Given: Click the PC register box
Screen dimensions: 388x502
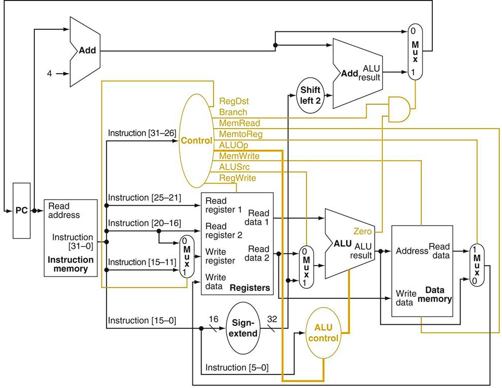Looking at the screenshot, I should [22, 210].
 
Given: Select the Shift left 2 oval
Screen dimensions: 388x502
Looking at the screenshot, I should [311, 95].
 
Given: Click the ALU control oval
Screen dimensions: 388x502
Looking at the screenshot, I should [323, 332].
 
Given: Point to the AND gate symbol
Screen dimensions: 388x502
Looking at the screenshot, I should [399, 109].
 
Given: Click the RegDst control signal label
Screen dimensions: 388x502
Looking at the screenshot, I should [234, 101].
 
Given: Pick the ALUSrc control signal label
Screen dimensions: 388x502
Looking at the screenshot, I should [234, 166].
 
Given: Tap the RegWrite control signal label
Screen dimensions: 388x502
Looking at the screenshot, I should [237, 178].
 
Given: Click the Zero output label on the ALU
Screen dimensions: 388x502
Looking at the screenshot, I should [363, 231].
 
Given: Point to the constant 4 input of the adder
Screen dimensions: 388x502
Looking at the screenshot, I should [49, 74].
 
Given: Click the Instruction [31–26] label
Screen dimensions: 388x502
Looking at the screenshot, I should [142, 133].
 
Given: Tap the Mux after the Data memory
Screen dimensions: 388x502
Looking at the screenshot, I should [475, 266].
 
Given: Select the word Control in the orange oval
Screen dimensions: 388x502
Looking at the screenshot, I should [197, 141].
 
